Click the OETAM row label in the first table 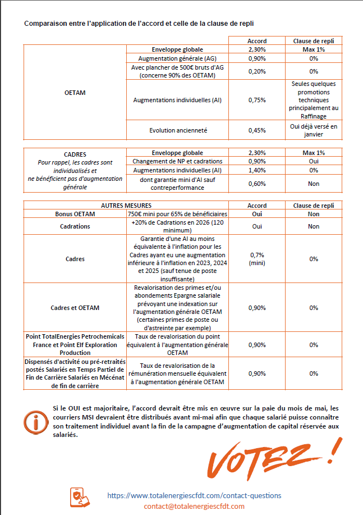point(75,92)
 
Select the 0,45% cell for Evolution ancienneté point(257,130)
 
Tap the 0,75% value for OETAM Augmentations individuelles point(257,100)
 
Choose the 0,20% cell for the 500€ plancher point(257,71)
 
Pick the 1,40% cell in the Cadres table point(257,170)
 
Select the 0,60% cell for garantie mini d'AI point(257,184)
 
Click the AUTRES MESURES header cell point(126,206)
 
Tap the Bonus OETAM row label point(75,214)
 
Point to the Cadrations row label point(75,226)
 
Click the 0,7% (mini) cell point(257,259)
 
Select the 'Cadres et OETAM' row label point(75,307)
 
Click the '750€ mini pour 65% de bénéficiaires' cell point(177,214)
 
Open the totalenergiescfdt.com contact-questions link point(194,495)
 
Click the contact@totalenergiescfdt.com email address point(194,506)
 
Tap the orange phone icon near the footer point(79,498)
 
